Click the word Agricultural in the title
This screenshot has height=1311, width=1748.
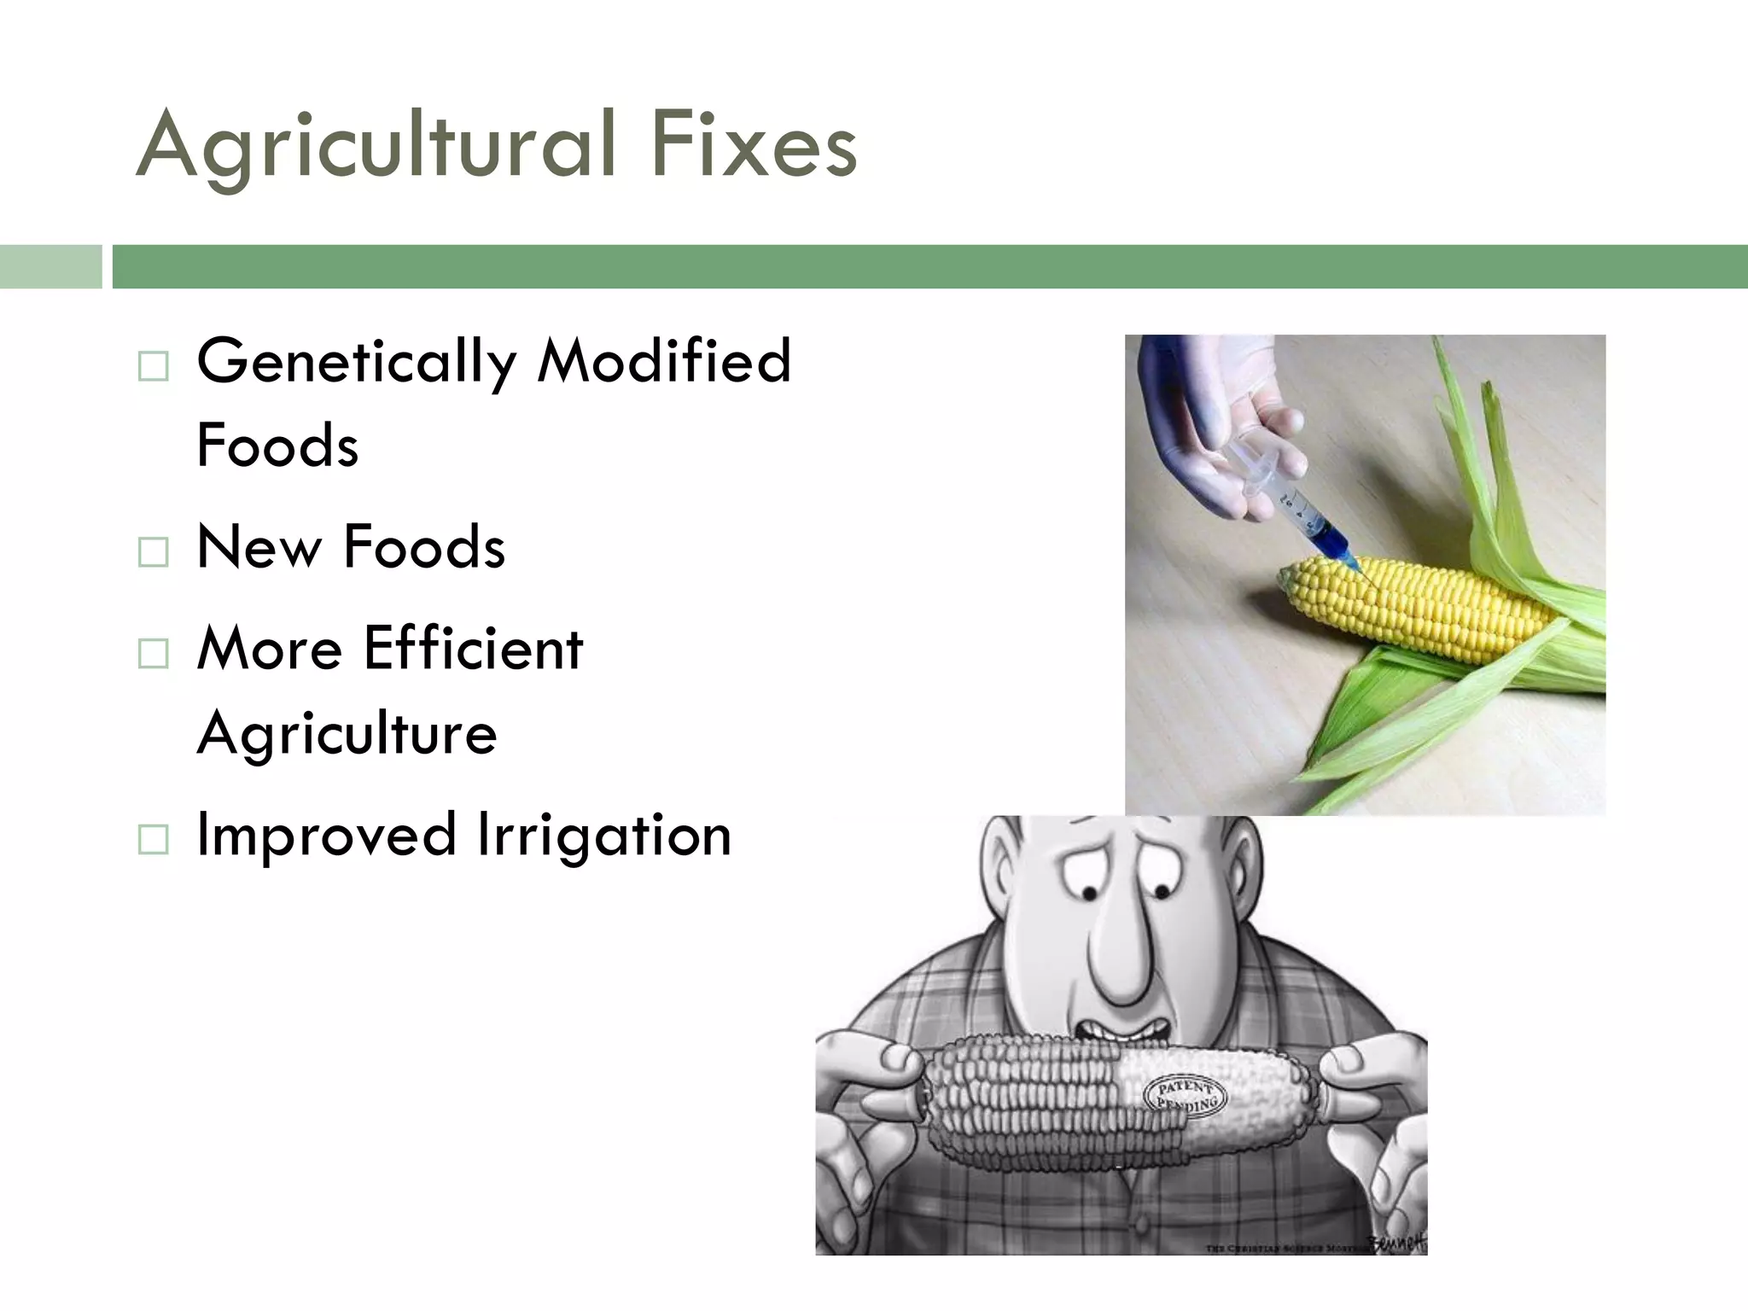[376, 145]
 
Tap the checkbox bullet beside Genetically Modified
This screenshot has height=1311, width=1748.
[153, 367]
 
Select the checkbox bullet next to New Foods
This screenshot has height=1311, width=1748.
[153, 552]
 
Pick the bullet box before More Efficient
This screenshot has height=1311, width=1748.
[153, 654]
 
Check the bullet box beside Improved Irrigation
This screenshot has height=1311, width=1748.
[153, 840]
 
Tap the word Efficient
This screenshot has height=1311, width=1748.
[474, 649]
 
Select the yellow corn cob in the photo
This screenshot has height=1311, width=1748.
[1417, 610]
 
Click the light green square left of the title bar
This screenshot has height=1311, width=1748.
[50, 266]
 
